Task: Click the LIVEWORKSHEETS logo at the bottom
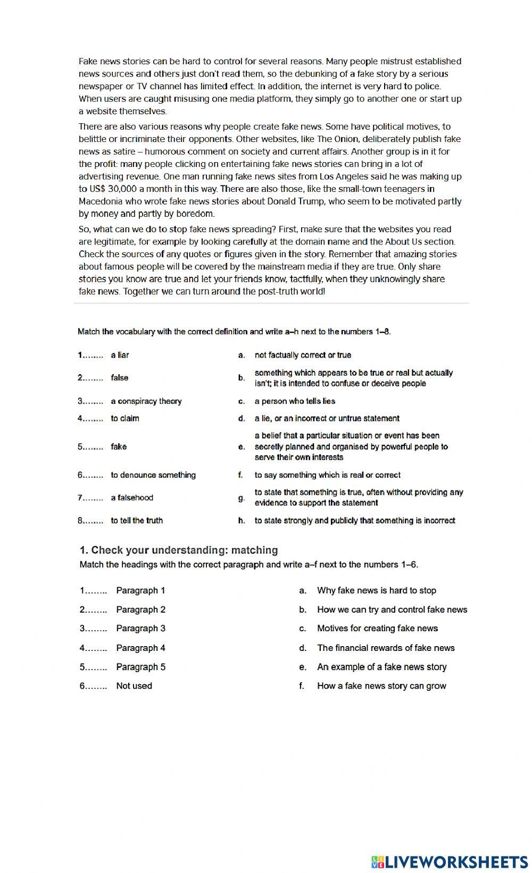click(449, 861)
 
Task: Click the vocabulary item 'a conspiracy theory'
click(146, 401)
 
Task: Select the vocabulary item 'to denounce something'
click(153, 475)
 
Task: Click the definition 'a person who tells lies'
click(295, 401)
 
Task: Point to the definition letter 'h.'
click(242, 521)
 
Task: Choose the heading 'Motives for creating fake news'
click(377, 629)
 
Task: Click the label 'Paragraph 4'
click(140, 648)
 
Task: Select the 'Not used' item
click(134, 686)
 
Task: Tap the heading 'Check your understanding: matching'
click(179, 550)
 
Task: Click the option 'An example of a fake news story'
click(381, 667)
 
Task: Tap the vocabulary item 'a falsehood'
click(132, 498)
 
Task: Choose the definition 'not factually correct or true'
click(303, 355)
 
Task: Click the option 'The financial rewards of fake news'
click(386, 648)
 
